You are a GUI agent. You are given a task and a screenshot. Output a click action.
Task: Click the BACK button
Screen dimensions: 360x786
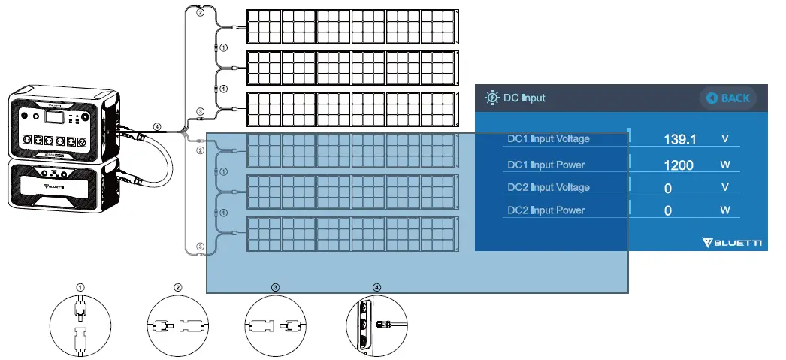click(x=727, y=98)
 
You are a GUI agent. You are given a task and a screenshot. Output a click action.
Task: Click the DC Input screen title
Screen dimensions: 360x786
click(x=525, y=98)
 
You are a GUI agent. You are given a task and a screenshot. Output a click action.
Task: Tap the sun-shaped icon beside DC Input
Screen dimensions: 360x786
click(x=492, y=98)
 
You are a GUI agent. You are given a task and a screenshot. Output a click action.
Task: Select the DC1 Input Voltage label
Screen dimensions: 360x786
click(x=549, y=139)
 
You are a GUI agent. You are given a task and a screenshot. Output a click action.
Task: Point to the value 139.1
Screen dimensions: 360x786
click(x=680, y=139)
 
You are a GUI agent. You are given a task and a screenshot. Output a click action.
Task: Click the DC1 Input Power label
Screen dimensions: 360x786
click(x=546, y=165)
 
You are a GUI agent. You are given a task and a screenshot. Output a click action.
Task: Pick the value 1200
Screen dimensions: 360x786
click(x=679, y=165)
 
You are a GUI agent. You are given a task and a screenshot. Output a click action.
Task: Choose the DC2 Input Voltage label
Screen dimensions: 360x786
click(x=549, y=187)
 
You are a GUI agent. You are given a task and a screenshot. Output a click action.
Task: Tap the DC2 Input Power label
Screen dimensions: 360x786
click(x=546, y=210)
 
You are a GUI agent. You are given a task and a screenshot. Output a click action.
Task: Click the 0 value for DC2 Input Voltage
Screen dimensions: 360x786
click(x=668, y=188)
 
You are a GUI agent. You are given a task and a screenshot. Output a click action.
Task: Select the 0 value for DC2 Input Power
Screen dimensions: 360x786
click(x=668, y=211)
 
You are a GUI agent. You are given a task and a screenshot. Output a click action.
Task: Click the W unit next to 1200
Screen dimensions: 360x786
click(x=725, y=165)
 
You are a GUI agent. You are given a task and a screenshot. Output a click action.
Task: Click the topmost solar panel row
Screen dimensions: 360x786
click(x=351, y=26)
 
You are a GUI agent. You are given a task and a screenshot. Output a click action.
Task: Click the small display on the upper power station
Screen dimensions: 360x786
click(x=52, y=118)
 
